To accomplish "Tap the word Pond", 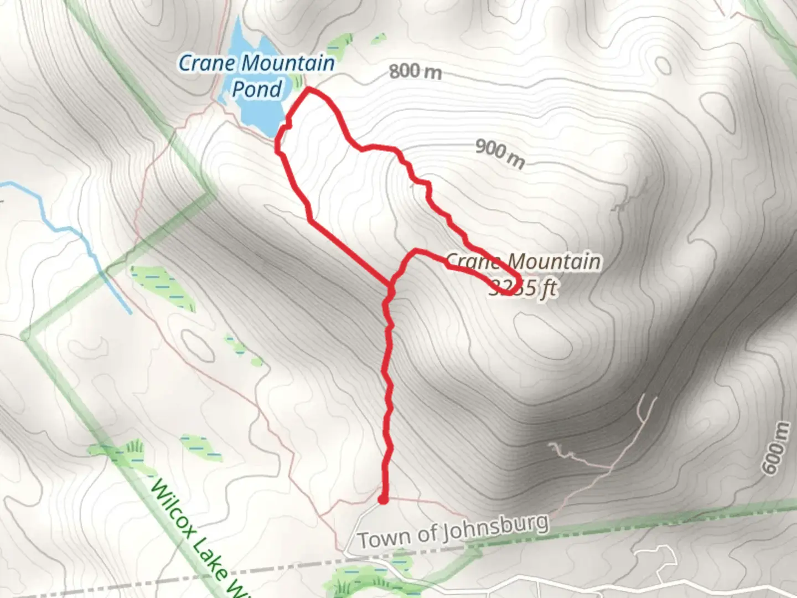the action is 257,89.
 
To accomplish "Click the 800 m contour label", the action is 415,71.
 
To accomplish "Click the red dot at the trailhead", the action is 382,500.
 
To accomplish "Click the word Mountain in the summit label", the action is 554,261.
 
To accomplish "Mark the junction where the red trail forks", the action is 391,286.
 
